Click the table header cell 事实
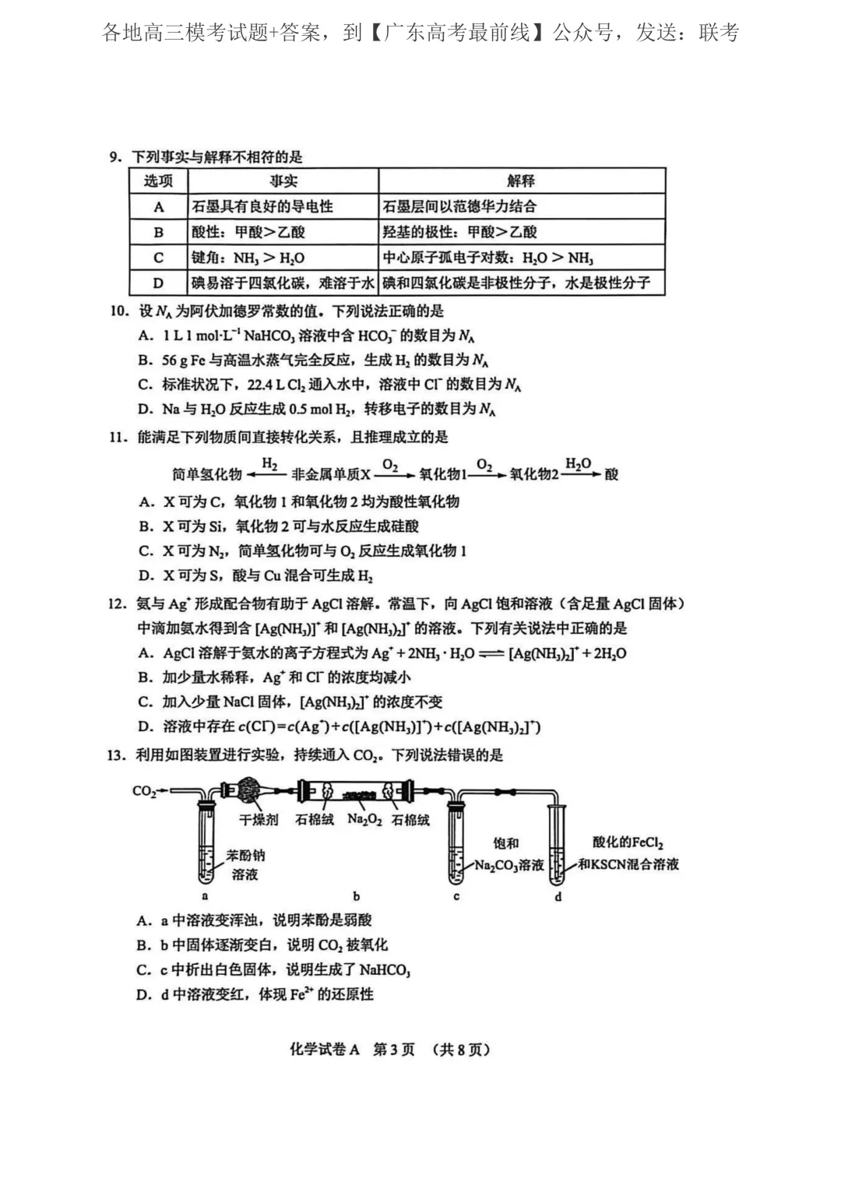pos(283,181)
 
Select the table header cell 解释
pos(521,181)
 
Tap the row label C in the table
pos(159,258)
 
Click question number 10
pos(118,311)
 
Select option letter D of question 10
pos(145,410)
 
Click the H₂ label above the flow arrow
pos(269,464)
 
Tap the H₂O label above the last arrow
pos(578,464)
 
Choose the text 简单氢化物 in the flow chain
pos(207,474)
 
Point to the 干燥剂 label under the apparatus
pos(259,820)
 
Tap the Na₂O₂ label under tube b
pos(364,820)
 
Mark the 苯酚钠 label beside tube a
pos(246,855)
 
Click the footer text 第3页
pos(394,1050)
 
